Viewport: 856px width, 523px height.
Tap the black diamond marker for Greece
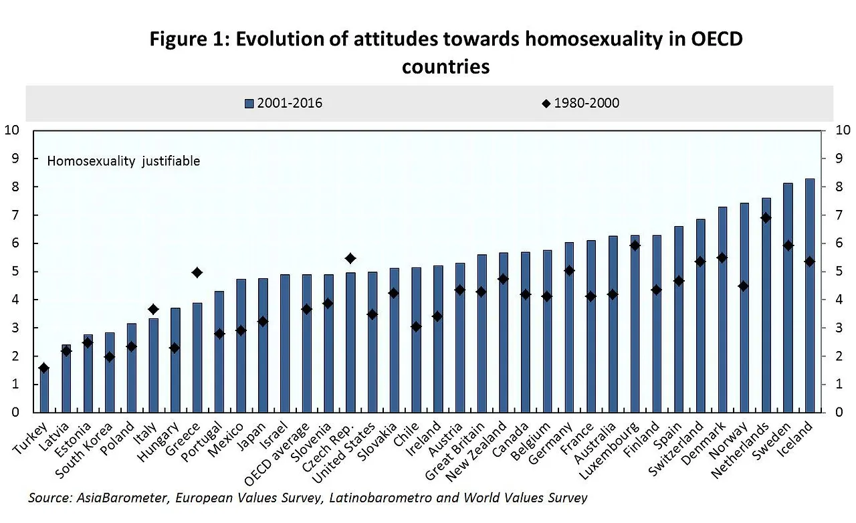click(197, 272)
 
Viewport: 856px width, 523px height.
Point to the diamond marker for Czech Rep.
click(350, 258)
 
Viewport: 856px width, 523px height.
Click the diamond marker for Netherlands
click(766, 218)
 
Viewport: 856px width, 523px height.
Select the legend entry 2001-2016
click(284, 103)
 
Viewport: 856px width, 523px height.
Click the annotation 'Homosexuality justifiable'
click(124, 161)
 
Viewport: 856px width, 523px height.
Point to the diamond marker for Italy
click(153, 309)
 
